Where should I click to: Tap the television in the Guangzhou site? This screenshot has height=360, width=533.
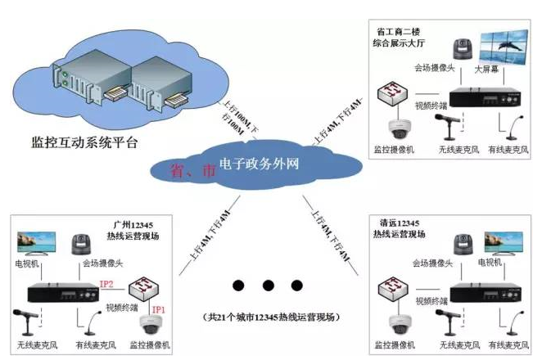(37, 243)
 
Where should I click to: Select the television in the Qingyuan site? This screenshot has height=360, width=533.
(503, 243)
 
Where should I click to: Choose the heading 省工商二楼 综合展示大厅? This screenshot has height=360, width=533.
(400, 33)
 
